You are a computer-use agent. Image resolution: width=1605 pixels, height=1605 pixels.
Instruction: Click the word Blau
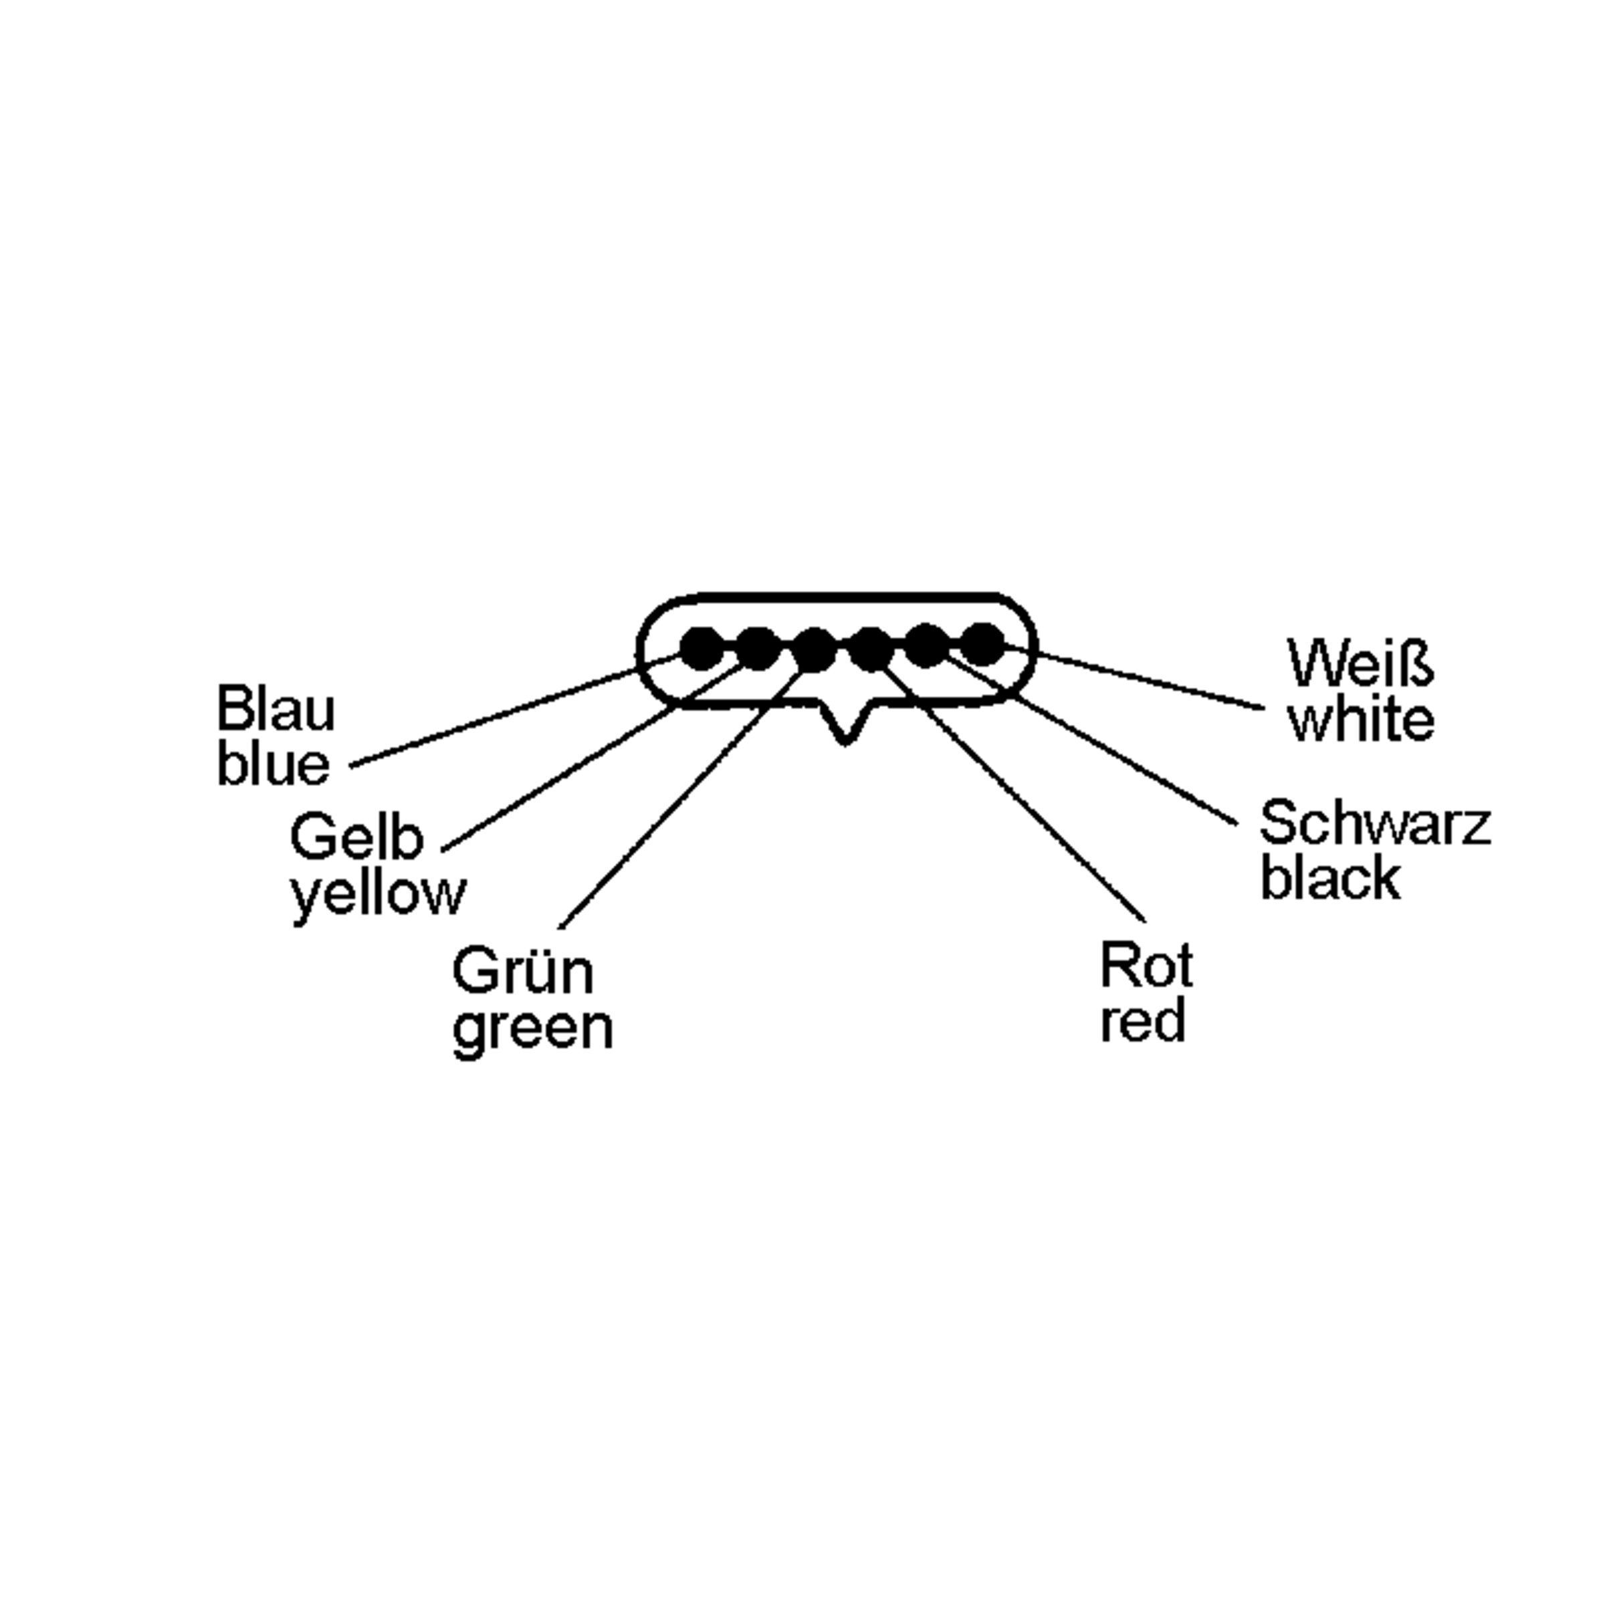tap(276, 709)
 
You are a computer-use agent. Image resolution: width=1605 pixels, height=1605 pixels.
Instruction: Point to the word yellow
tap(378, 895)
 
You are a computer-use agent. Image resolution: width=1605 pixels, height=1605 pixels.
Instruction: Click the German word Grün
tap(524, 971)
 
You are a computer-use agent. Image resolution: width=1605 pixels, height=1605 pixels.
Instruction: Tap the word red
tap(1143, 1021)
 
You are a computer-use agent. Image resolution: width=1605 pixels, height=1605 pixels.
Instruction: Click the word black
tap(1331, 878)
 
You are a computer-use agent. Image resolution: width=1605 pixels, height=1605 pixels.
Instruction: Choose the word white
tap(1362, 719)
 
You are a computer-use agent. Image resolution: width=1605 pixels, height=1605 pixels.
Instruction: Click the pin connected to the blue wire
tap(702, 649)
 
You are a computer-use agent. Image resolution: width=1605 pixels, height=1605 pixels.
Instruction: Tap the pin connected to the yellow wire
tap(757, 649)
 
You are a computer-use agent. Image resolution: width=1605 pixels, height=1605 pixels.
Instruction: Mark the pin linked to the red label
tap(871, 649)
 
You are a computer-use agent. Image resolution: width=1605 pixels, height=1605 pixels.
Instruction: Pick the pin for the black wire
tap(926, 645)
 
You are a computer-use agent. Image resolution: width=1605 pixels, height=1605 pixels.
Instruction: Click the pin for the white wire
tap(983, 644)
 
